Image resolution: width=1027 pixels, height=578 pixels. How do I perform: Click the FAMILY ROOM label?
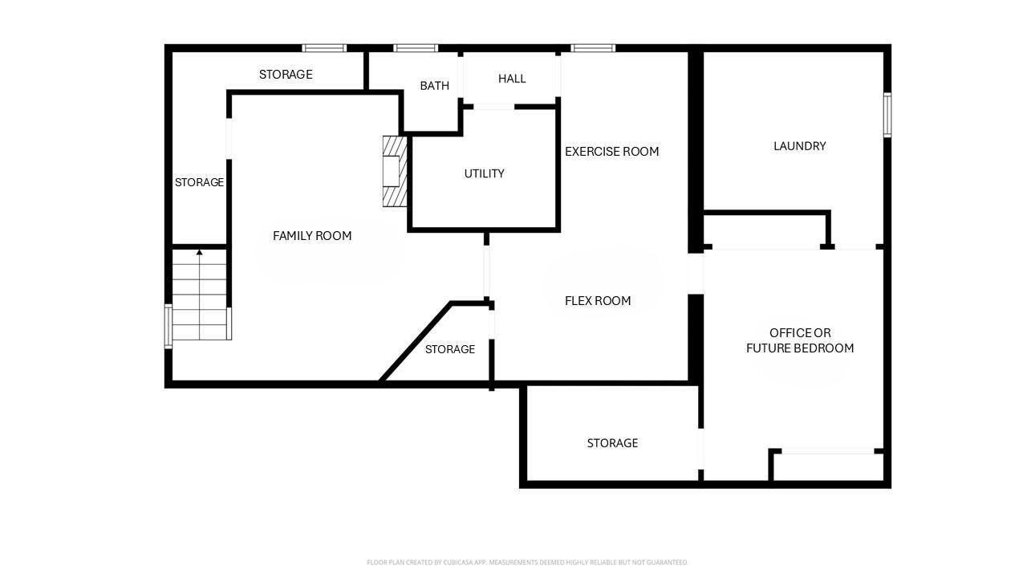coord(312,236)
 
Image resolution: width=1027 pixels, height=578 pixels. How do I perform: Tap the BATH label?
coord(435,86)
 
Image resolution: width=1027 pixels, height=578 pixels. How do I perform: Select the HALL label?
coord(512,79)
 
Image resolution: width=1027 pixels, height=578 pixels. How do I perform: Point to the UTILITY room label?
coord(484,173)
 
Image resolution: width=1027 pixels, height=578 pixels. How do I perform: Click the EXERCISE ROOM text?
coord(611,152)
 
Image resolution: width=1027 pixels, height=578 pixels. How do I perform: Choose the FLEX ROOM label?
coord(598,301)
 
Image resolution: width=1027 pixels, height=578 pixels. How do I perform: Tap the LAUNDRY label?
coord(800,146)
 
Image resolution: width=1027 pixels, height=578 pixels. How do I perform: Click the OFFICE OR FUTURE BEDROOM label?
coord(800,340)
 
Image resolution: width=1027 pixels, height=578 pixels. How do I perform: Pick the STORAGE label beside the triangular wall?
coord(450,349)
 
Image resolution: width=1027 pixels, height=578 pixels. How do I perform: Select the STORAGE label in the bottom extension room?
coord(612,443)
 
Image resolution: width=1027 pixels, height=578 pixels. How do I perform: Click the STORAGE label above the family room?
coord(286,75)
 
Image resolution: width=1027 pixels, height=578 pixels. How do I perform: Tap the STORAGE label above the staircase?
coord(200,182)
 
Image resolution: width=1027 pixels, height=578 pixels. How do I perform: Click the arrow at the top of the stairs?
coord(200,252)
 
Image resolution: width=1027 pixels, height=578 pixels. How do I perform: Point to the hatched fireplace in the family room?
coord(395,171)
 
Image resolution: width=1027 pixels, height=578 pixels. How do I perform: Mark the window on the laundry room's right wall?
coord(887,115)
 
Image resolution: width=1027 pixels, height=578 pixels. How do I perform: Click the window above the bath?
coord(416,48)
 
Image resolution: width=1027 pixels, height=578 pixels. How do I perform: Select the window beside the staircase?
coord(168,326)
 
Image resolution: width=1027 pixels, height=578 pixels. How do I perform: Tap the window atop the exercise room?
coord(593,48)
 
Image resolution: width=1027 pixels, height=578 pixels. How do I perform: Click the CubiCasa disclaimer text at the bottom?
coord(527,563)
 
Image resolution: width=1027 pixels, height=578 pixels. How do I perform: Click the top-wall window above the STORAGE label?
coord(324,48)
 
